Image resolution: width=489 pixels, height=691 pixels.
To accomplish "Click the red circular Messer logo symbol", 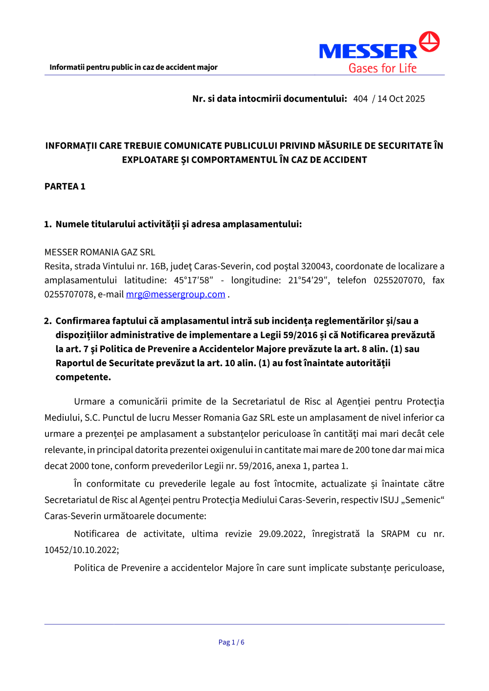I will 429,42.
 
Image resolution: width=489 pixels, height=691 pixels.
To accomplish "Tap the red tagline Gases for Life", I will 382,68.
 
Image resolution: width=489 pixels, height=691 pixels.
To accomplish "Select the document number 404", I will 360,99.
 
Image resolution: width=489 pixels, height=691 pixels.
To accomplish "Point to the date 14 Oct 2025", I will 401,99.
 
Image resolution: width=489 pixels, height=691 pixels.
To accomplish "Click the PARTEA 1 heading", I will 65,186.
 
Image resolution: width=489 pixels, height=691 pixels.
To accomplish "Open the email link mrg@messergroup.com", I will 176,294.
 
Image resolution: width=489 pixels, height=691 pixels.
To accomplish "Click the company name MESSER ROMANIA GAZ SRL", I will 100,252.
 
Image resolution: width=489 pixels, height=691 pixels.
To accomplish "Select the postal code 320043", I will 316,266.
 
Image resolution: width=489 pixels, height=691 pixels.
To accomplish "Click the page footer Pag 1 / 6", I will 231,642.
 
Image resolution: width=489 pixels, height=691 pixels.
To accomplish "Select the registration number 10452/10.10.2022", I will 81,550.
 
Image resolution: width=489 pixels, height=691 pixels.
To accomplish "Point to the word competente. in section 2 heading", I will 83,377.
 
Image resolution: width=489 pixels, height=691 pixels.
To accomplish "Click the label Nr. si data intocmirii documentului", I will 269,99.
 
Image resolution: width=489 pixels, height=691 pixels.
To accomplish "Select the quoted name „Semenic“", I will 423,500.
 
